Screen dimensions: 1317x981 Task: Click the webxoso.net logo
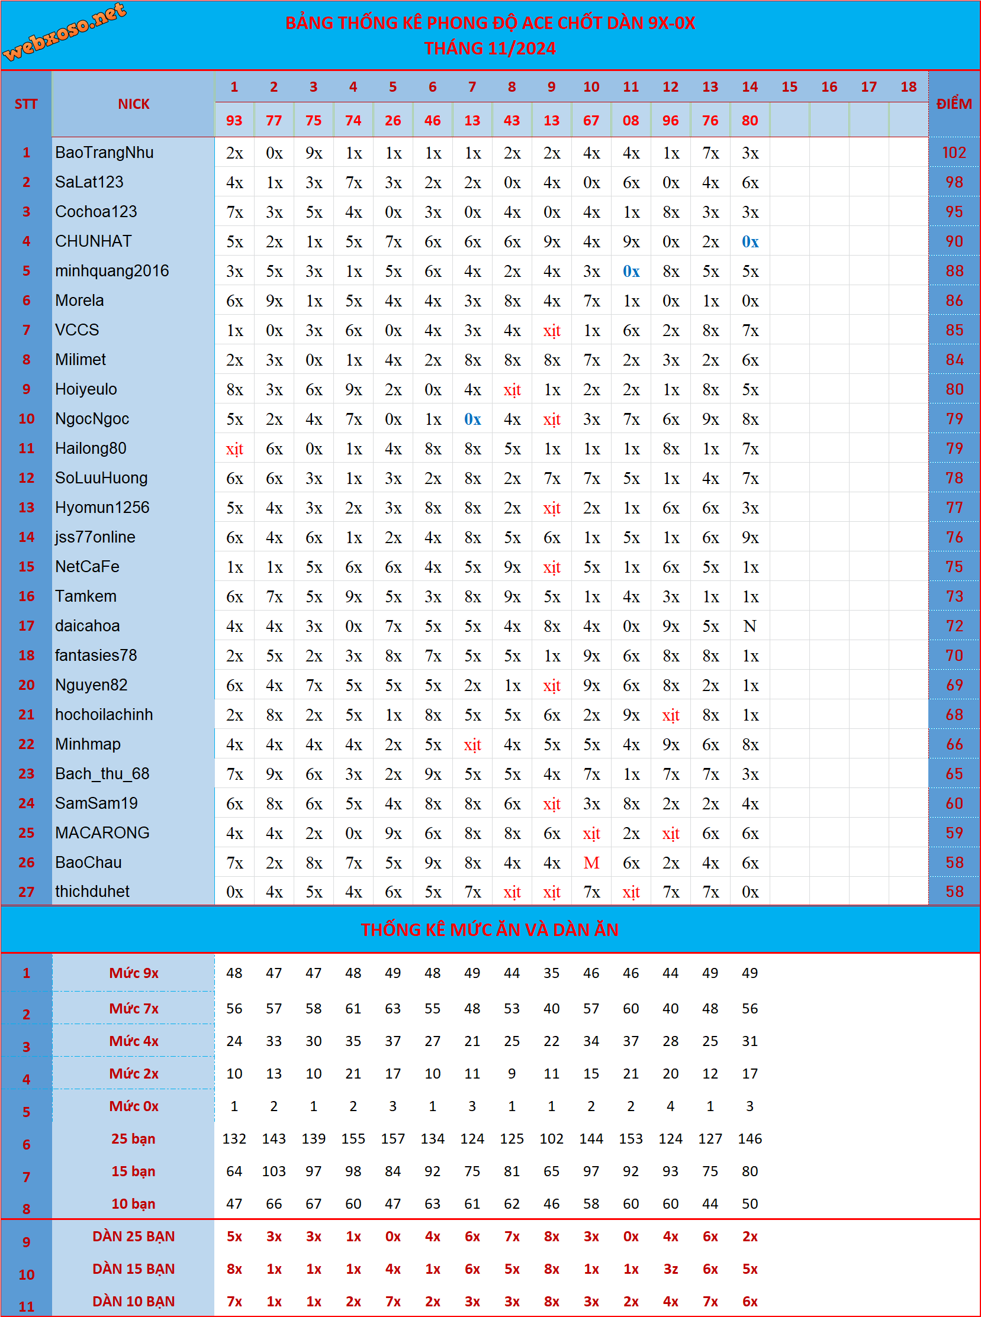64,31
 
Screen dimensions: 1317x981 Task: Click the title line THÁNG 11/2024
490,48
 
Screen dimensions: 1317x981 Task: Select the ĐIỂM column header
954,104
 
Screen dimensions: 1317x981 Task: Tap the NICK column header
133,104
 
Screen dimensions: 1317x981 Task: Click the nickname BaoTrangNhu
105,153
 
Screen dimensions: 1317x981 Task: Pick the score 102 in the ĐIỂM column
954,153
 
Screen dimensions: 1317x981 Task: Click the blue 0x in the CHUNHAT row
750,241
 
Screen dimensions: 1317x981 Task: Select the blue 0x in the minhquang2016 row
631,271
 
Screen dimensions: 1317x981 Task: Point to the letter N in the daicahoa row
750,626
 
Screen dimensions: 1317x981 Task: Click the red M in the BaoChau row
591,863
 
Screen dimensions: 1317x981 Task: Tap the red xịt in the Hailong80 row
234,448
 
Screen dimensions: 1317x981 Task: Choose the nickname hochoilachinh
104,715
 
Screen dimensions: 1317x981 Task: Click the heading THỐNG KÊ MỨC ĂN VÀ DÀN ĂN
490,929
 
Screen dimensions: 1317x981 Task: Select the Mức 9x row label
134,973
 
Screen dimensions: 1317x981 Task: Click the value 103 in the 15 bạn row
274,1171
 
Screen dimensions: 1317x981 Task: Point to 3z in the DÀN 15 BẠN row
670,1269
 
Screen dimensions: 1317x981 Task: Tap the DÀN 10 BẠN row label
134,1301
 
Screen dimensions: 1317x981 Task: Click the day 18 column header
908,86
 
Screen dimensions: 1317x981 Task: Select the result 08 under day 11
631,121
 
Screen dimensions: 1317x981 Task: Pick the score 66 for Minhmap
954,744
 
